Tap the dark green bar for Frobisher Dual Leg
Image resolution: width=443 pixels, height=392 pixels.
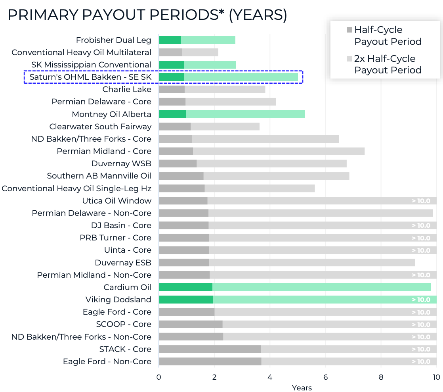point(170,40)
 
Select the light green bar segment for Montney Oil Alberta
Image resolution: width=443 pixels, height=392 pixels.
point(245,114)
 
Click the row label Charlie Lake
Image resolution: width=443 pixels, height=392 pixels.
point(127,89)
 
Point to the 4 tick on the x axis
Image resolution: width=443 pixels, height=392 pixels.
point(270,377)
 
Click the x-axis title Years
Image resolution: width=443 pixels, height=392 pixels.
point(302,388)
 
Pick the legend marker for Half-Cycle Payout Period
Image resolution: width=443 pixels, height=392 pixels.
point(349,30)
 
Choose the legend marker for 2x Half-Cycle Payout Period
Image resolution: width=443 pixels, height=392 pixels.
point(349,59)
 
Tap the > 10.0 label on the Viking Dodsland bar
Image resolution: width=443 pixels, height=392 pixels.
point(421,300)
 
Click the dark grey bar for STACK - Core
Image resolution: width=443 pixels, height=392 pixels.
point(210,349)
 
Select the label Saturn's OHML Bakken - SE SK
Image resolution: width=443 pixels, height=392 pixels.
point(90,77)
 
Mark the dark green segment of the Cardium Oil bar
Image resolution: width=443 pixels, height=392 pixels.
point(185,287)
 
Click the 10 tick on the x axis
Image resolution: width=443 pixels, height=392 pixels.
point(436,377)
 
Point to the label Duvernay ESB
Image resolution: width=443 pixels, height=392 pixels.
point(123,263)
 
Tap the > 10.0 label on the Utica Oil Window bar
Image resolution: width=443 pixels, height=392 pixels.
point(421,201)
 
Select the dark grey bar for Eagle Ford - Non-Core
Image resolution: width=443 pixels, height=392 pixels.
point(210,361)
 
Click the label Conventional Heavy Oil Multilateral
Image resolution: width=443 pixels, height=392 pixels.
point(81,52)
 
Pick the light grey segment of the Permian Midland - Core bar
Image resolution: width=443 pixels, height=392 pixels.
point(279,151)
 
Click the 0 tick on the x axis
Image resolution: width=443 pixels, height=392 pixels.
point(159,377)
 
